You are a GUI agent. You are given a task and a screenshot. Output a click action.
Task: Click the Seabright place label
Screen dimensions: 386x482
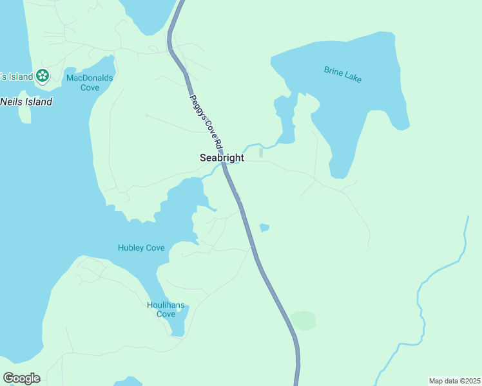click(222, 158)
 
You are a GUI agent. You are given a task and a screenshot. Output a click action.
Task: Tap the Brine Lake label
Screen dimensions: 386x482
click(342, 74)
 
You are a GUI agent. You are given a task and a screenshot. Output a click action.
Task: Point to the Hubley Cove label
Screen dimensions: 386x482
click(141, 248)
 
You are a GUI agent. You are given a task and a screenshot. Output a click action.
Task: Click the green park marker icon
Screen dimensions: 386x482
click(43, 76)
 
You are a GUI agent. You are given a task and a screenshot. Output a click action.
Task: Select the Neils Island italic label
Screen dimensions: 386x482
click(26, 102)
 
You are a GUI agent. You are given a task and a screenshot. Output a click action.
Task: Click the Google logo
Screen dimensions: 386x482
click(21, 378)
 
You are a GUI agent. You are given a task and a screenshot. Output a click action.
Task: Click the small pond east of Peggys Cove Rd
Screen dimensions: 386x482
click(264, 228)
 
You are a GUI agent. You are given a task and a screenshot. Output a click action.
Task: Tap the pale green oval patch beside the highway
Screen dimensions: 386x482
click(303, 320)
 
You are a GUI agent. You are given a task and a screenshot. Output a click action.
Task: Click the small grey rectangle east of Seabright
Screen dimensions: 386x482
click(261, 153)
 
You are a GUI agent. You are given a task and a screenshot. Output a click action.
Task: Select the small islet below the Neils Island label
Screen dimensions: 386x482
click(24, 115)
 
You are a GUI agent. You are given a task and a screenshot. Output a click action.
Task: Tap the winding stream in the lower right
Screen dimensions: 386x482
click(422, 302)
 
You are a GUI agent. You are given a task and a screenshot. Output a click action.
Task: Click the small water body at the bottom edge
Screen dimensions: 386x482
click(128, 381)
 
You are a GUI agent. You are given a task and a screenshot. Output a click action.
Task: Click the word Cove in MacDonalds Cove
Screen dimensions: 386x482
click(90, 87)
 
